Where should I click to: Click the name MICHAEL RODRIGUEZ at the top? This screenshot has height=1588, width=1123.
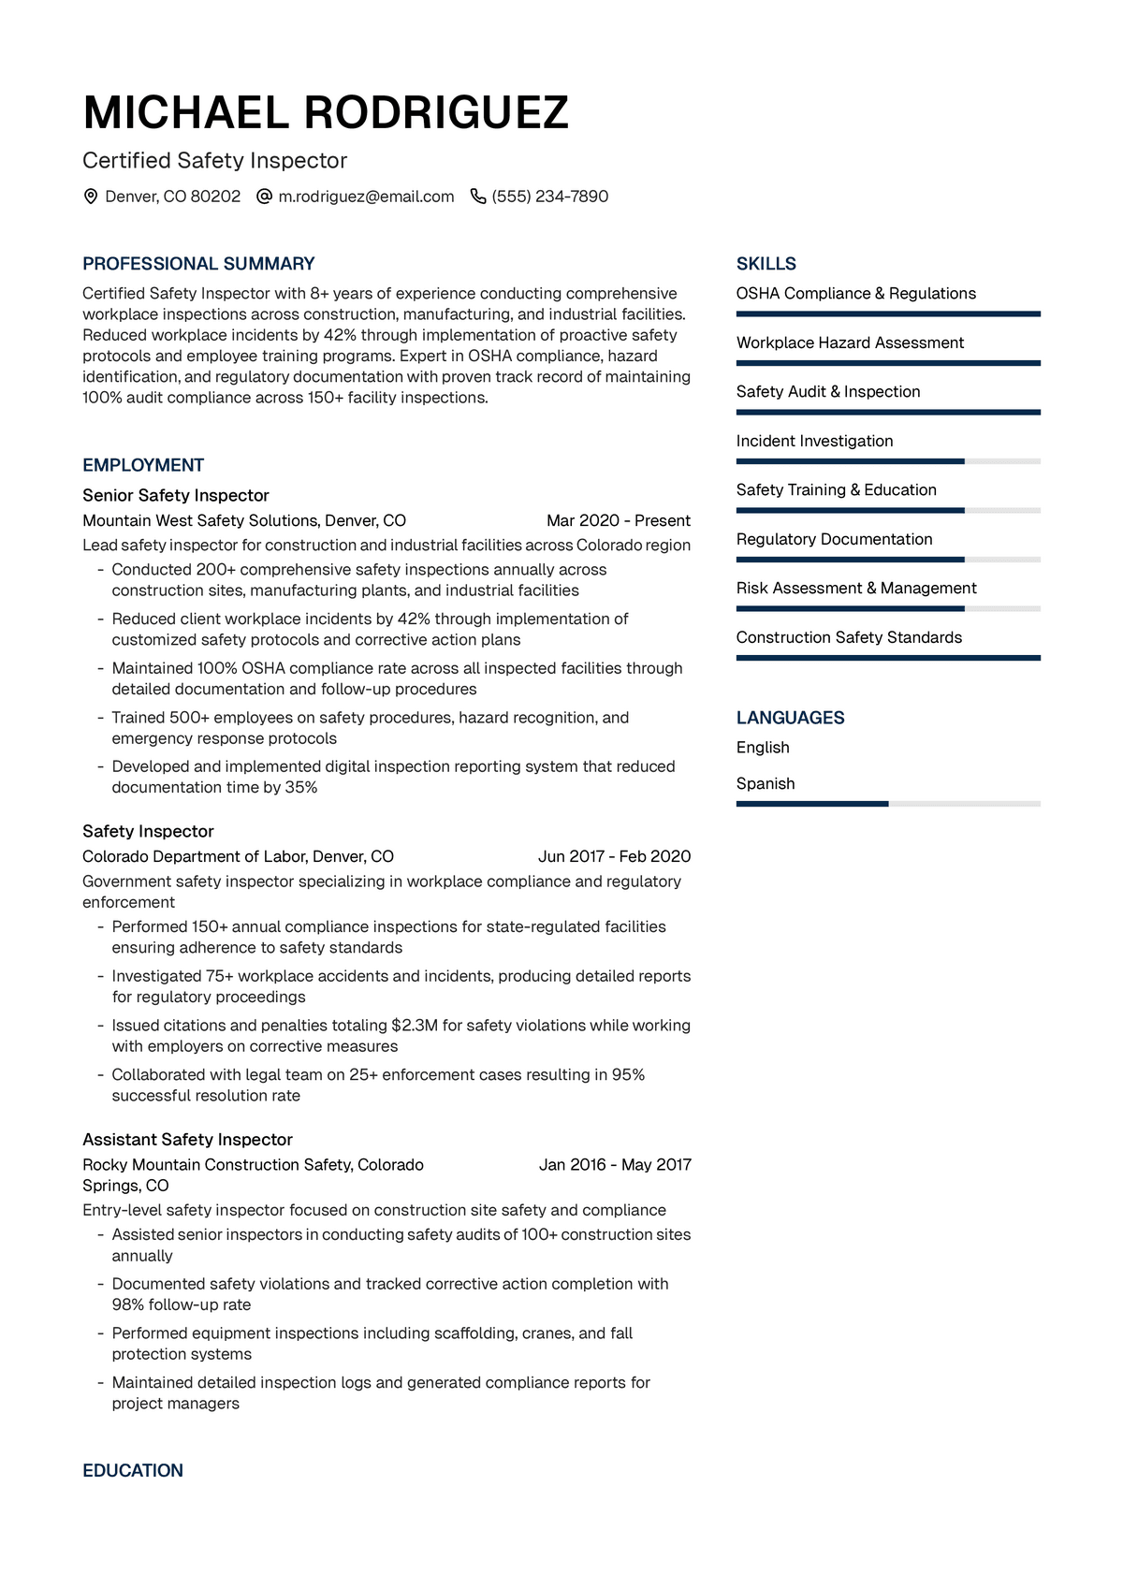click(326, 113)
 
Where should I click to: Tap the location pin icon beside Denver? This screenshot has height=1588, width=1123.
click(91, 197)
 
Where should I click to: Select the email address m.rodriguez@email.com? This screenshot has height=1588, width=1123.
click(366, 197)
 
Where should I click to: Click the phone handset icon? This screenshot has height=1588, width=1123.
click(477, 197)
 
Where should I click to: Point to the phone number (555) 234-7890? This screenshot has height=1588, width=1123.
click(550, 197)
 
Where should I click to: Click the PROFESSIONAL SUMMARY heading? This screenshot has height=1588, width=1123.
click(198, 264)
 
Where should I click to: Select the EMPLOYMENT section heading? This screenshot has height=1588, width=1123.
click(143, 465)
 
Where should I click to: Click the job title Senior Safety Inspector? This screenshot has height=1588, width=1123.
click(176, 495)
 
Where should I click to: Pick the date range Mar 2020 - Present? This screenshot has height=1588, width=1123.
click(619, 520)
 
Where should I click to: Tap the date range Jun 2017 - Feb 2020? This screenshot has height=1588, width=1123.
click(614, 856)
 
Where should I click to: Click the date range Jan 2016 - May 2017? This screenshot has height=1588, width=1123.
click(615, 1164)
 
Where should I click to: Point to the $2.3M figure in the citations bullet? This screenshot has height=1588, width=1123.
click(415, 1026)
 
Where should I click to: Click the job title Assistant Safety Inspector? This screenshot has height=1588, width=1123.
click(187, 1139)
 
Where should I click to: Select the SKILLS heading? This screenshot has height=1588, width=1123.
click(766, 264)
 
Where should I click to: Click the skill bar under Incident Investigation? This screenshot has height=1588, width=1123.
click(888, 461)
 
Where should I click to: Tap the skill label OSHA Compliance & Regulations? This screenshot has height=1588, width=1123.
click(856, 293)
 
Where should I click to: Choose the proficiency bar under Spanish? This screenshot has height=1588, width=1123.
click(888, 804)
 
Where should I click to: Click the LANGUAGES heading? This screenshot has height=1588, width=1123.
click(791, 718)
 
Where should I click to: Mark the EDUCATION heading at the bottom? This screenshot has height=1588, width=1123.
click(133, 1470)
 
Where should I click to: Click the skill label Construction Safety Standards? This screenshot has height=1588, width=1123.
click(849, 637)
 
